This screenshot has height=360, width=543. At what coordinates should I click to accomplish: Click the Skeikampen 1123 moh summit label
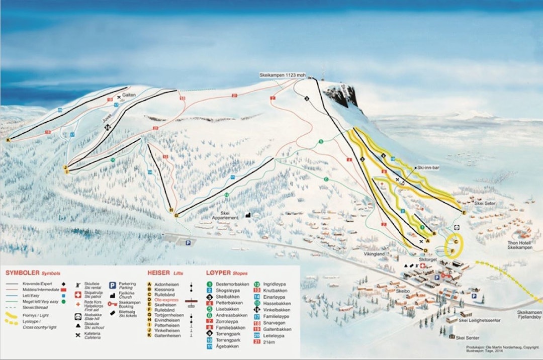pos(282,75)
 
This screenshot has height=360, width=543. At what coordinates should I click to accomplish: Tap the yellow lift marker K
pos(8,140)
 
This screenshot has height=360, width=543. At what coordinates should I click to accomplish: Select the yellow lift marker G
pos(176,215)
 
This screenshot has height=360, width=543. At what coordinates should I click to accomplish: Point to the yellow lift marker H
pos(171,210)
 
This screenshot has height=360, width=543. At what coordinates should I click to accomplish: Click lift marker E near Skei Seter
pos(464,213)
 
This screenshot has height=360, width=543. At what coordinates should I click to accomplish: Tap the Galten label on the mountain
pos(129,95)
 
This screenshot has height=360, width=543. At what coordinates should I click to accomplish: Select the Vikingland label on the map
pos(374,254)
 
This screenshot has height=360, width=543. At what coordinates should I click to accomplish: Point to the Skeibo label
pos(404,292)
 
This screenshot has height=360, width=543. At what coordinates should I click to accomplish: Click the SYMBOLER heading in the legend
pos(19,273)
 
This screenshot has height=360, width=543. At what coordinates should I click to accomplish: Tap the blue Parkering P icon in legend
pos(113,285)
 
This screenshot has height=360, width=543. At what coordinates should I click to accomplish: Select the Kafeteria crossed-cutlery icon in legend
pos(78,335)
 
